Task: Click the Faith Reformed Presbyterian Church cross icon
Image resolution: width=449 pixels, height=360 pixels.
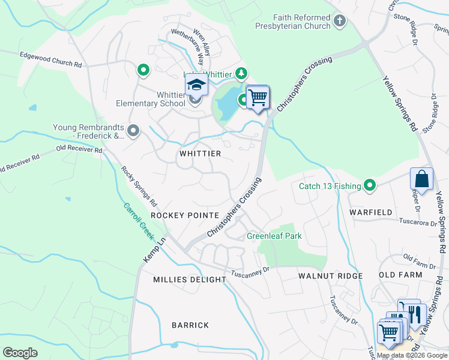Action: pos(340,22)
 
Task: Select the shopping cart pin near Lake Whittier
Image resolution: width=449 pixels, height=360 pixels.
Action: pos(258,97)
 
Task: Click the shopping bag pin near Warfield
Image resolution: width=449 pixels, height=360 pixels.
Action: pos(421,179)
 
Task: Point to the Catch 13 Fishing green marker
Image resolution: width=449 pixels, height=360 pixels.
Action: pos(371,186)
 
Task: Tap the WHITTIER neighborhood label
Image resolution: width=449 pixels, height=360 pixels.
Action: pos(200,154)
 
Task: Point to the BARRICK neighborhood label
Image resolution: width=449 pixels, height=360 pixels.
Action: pos(190,325)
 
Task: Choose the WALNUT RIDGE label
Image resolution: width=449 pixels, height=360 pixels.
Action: pos(331,275)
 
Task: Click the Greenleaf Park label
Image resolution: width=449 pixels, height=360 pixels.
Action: pos(274,236)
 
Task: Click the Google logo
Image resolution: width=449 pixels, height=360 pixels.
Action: pos(20,352)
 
